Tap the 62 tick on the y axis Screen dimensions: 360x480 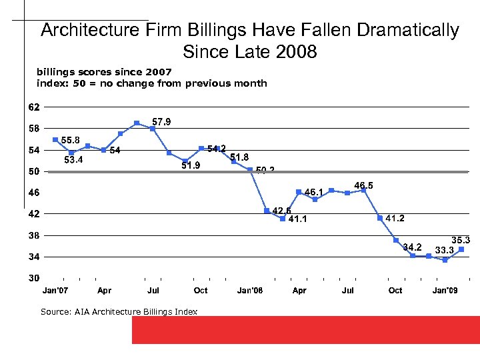point(33,107)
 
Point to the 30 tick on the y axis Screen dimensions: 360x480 point(33,277)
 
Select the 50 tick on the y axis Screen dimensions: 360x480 point(33,171)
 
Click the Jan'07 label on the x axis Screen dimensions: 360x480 point(55,291)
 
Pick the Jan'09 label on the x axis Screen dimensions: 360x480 point(445,291)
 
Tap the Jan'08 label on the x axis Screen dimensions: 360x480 point(250,291)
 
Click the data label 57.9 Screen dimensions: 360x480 point(161,121)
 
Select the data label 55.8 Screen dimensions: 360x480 point(71,140)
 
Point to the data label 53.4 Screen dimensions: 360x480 point(73,160)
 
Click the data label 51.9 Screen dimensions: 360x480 point(191,165)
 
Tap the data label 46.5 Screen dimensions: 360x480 point(364,185)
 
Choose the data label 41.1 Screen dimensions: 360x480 point(297,219)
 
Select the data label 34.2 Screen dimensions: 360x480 point(412,247)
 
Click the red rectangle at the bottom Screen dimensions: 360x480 point(305,329)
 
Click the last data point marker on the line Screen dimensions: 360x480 point(461,249)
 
